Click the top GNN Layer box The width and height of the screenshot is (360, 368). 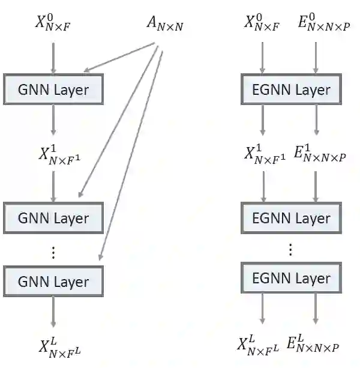pos(53,90)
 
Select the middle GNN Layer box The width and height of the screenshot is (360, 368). pos(53,217)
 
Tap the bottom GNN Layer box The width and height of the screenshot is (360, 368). pos(53,281)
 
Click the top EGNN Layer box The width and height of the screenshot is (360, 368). pos(291,90)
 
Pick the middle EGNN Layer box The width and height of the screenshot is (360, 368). pos(291,217)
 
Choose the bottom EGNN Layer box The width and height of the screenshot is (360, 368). pos(291,279)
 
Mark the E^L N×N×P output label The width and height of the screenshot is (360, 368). pos(314,344)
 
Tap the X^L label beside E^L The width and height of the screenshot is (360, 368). pos(260,344)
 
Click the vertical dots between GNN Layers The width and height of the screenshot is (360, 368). pos(53,253)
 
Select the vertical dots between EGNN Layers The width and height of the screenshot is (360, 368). pos(290,249)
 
